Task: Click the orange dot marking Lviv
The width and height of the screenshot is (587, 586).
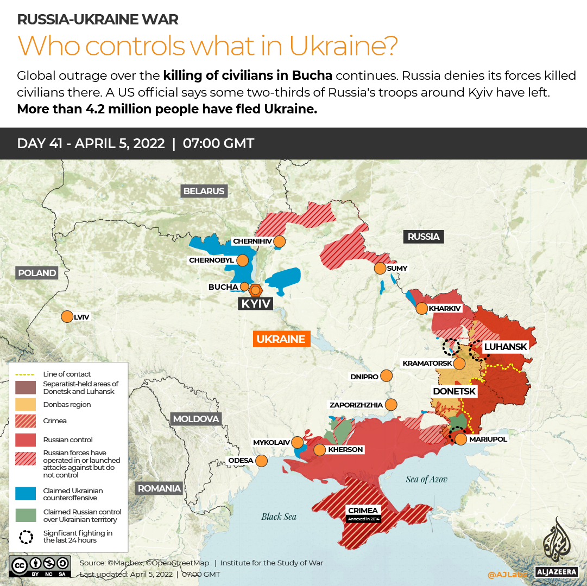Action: tap(67, 316)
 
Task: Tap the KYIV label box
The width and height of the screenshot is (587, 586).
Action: tap(255, 303)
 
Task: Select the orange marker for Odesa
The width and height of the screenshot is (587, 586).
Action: tap(261, 461)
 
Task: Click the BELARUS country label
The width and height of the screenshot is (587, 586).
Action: tap(204, 191)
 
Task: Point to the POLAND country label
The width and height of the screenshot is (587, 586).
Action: tap(36, 273)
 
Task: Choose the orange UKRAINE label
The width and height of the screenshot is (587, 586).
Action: tap(281, 339)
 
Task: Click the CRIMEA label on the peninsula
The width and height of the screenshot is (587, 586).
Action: tap(363, 511)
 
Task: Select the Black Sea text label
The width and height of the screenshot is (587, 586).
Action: tap(279, 516)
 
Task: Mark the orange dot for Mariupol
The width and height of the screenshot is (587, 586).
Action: tap(460, 439)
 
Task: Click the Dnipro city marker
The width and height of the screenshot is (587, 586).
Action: tap(386, 375)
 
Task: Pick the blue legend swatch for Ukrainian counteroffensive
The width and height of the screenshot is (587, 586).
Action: tap(26, 494)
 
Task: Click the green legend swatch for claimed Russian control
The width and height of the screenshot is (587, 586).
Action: tap(26, 515)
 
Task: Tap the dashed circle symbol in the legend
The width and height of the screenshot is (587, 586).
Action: tap(26, 537)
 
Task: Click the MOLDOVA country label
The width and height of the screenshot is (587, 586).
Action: tap(195, 419)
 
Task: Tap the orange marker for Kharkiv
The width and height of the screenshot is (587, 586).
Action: tap(421, 309)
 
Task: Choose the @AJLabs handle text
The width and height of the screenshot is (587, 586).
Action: tap(507, 574)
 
